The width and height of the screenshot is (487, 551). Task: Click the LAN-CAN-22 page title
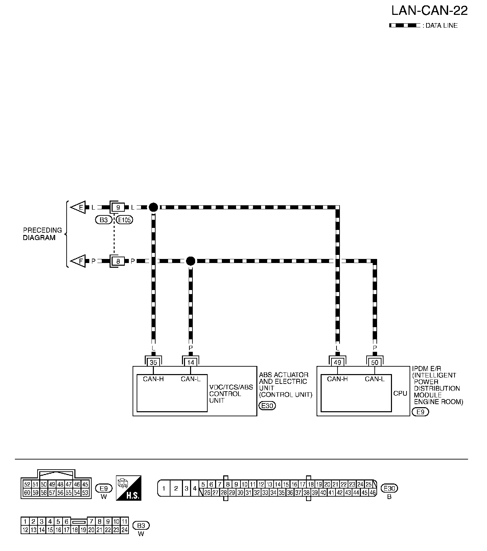click(429, 11)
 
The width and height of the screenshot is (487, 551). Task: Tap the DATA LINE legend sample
click(404, 26)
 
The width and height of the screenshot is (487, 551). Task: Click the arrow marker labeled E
click(78, 207)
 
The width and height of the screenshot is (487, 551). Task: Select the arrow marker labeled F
click(78, 261)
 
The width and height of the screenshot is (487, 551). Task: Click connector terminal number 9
click(118, 207)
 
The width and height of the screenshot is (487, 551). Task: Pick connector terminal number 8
click(118, 261)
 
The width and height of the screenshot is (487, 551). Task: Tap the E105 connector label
click(124, 220)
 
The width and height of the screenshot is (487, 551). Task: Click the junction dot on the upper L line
click(153, 207)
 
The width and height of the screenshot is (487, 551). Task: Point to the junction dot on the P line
click(191, 261)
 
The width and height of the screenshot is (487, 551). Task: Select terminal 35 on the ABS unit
click(154, 362)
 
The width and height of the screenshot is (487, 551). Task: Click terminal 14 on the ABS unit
click(191, 362)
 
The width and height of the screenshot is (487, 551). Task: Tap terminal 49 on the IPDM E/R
click(338, 362)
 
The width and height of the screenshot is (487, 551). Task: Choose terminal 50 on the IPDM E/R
click(375, 362)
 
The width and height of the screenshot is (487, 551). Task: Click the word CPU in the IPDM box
click(400, 394)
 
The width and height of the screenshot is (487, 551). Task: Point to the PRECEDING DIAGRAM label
click(42, 234)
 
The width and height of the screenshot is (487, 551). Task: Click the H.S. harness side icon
click(129, 488)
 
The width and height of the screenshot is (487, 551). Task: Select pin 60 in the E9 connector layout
click(27, 493)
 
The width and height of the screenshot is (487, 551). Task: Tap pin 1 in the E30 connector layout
click(164, 488)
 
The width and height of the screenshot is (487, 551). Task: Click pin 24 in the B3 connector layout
click(124, 530)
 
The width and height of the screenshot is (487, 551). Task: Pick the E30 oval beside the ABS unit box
click(267, 406)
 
